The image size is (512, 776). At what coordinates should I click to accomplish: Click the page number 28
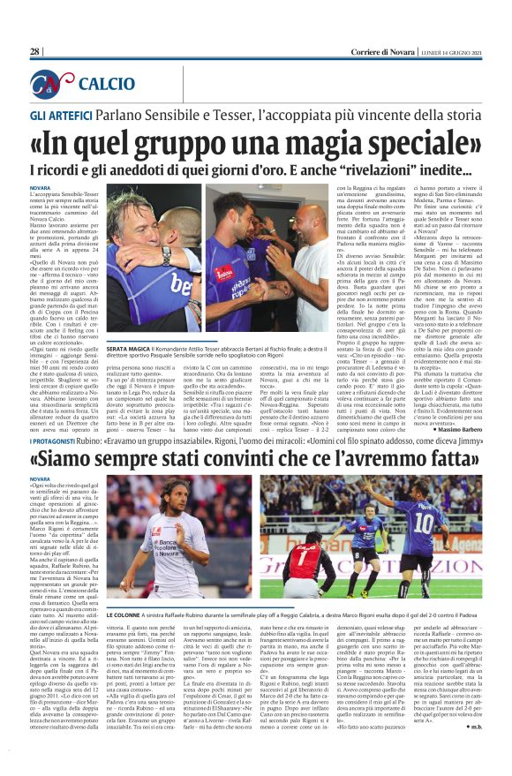coord(35,52)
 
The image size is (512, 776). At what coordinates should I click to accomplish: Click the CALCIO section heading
coord(107,84)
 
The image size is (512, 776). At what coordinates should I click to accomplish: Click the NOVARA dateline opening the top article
coord(40,189)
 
